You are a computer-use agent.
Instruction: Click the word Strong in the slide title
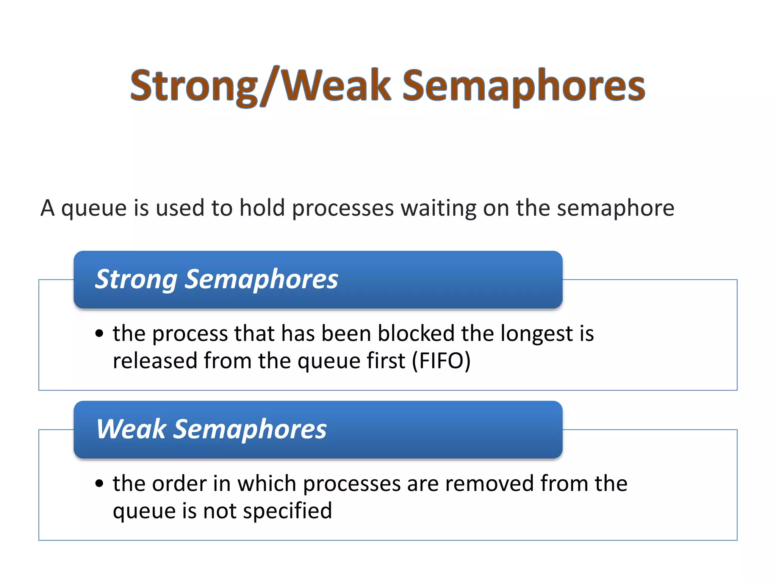click(x=193, y=86)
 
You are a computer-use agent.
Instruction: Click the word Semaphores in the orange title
click(x=523, y=86)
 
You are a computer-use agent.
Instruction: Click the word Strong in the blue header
click(x=136, y=280)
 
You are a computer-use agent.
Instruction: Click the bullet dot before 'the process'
click(x=99, y=334)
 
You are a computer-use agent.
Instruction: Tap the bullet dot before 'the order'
click(x=99, y=483)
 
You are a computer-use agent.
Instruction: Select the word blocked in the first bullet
click(x=416, y=334)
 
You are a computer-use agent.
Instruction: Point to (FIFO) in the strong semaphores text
click(x=441, y=361)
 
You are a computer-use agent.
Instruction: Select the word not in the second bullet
click(x=219, y=511)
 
